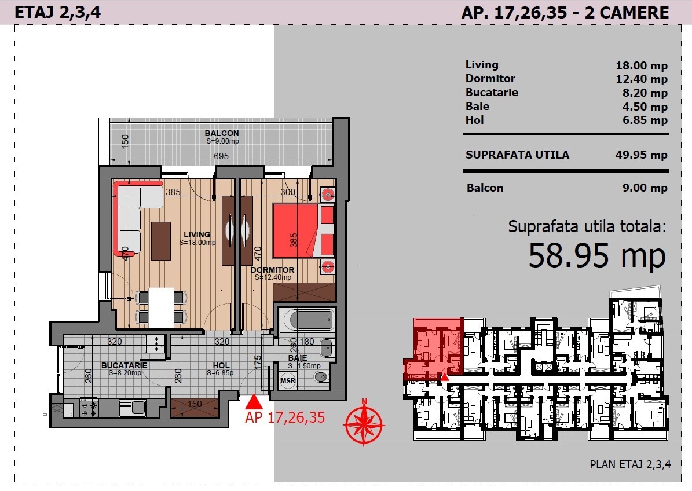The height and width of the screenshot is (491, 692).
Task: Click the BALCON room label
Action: (222, 133)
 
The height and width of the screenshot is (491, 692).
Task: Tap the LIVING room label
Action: (197, 234)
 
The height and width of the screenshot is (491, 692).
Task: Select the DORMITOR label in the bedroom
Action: (272, 270)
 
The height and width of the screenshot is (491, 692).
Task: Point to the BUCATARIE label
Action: (124, 365)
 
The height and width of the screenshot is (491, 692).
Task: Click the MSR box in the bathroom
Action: (288, 381)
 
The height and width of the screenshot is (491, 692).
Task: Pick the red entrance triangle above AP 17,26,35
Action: (253, 401)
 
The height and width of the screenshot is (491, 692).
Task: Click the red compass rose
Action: (364, 423)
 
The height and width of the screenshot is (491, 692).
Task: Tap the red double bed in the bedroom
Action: (303, 230)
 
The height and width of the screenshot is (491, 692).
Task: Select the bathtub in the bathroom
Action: (307, 320)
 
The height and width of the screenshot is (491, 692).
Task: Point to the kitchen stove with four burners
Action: (89, 407)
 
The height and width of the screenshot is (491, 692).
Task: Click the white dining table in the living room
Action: (161, 307)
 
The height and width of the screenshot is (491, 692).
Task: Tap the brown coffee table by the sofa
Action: (160, 241)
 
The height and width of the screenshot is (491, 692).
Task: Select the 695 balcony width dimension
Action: (221, 156)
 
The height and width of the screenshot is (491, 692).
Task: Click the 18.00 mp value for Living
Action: (641, 66)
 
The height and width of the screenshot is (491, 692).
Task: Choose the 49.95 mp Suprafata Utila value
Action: (641, 155)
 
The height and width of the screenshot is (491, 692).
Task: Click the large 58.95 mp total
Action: (596, 255)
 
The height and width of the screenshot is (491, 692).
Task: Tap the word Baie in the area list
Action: (477, 107)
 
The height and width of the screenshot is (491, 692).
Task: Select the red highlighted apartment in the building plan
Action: (433, 349)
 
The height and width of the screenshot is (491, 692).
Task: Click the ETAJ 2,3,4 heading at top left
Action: (57, 12)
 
